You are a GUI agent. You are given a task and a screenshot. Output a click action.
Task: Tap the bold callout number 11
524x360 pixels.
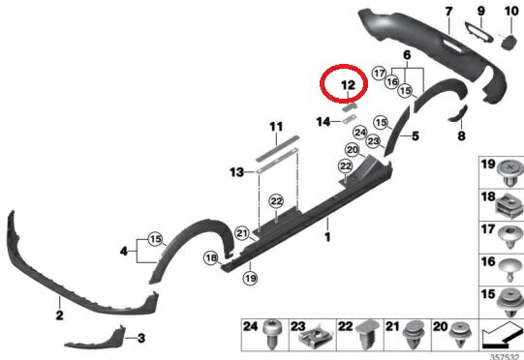[276, 127]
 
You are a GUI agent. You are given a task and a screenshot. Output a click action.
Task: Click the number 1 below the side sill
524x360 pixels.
[327, 235]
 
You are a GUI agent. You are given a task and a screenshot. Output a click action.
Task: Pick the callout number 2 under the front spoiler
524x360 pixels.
[59, 315]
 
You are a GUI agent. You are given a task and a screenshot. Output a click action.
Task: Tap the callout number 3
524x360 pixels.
[141, 338]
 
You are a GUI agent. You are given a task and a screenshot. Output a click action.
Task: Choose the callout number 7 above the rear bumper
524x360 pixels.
[448, 12]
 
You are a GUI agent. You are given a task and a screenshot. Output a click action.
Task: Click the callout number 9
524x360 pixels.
[480, 12]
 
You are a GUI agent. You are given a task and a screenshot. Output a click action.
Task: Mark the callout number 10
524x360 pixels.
[510, 12]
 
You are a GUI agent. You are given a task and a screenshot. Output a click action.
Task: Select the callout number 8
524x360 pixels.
[461, 135]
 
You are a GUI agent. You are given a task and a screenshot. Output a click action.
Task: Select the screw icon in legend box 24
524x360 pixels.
[275, 335]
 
